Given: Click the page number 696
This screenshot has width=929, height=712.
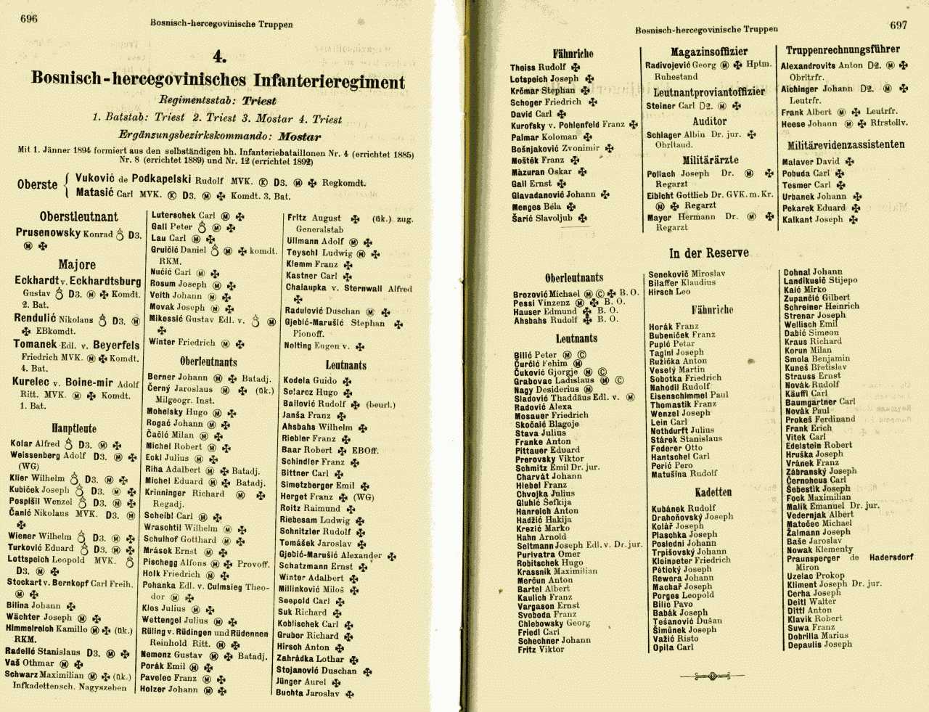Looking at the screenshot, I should point(29,19).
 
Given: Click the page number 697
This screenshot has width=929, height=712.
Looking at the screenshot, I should point(899,25).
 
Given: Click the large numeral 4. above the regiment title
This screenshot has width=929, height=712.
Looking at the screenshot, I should point(219,57).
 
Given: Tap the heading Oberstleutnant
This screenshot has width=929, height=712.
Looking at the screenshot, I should point(78,216).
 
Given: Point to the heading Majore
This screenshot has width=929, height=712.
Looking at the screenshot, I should point(77,264).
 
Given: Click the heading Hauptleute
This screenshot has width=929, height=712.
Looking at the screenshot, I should point(74,428).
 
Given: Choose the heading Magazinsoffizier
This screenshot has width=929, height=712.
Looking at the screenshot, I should point(709,52).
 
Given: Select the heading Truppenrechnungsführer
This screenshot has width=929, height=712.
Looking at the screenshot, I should point(843,49).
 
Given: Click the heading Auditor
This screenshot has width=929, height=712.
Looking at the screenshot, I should point(709,121).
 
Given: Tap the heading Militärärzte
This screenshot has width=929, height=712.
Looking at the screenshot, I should point(710,160).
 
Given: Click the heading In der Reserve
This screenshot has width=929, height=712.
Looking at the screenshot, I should point(709,253).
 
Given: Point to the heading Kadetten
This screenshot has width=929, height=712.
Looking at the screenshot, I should point(713,491).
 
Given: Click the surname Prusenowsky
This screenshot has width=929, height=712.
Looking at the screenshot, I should point(48,233).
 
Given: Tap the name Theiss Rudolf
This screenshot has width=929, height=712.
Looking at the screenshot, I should point(538,67).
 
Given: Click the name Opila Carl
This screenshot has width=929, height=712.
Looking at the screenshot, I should point(673,647).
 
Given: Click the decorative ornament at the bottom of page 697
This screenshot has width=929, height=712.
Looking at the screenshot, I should point(712,676).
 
